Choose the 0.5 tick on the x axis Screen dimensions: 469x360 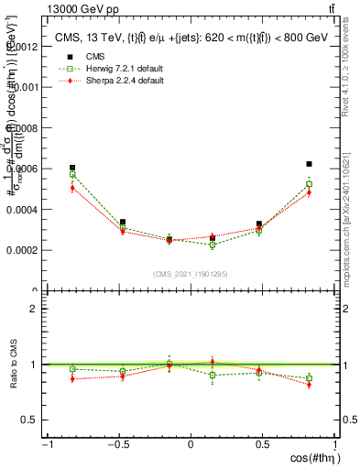coord(262,445)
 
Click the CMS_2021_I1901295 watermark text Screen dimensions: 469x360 coord(190,274)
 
